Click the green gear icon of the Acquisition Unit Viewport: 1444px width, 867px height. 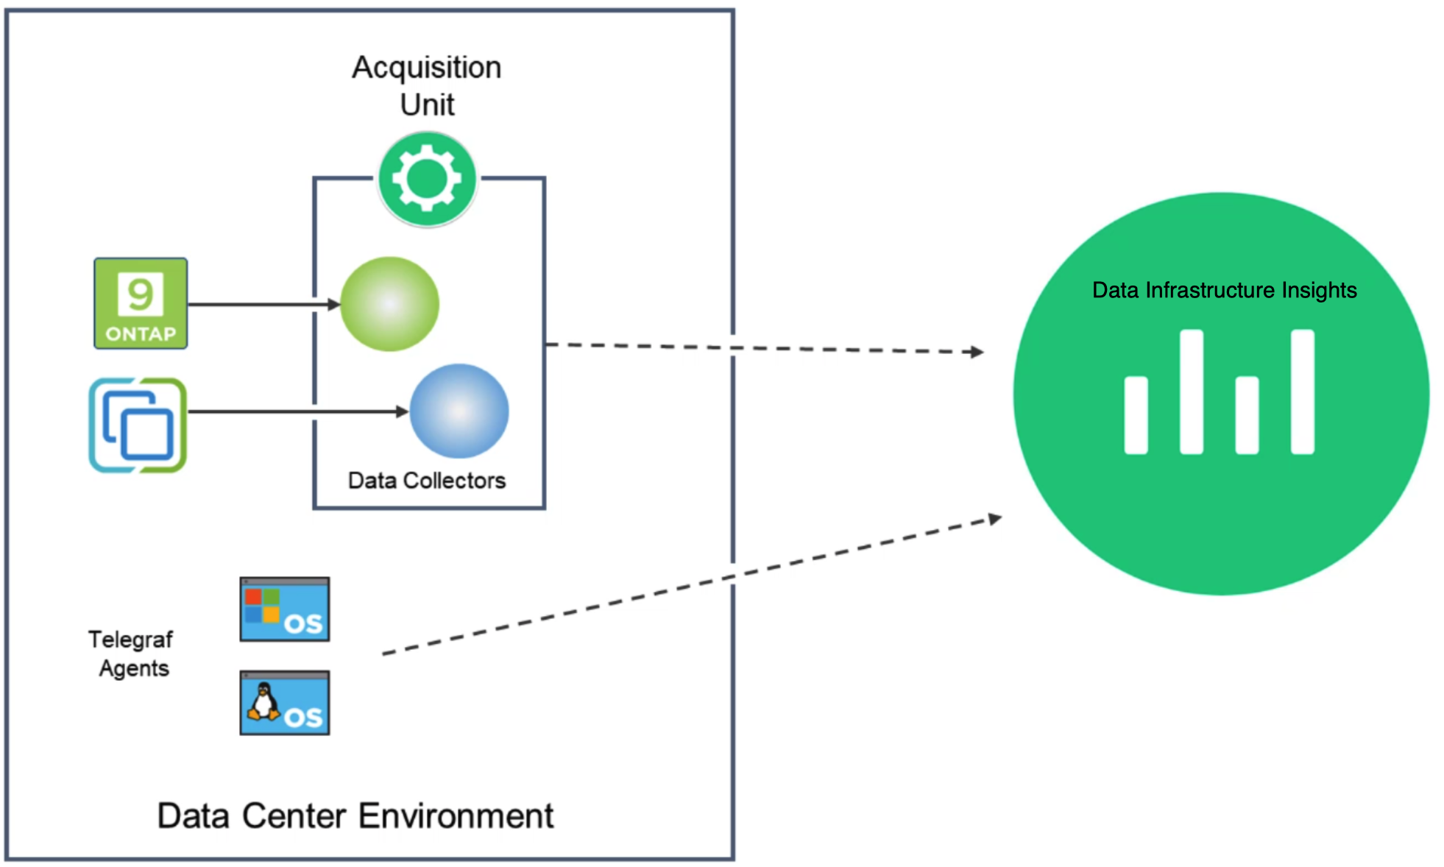pos(427,179)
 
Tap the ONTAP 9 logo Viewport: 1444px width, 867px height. pos(141,303)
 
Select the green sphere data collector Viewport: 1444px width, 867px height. pos(389,304)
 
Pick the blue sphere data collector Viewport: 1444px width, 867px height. pos(459,411)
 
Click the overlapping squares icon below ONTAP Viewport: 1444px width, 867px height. pos(138,425)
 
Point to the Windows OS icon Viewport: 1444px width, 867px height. pos(285,609)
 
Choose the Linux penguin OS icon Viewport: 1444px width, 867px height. pos(285,703)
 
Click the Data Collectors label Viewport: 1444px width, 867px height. pos(427,481)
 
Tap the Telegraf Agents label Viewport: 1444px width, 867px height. pos(131,654)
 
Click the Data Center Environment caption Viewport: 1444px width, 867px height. pos(355,815)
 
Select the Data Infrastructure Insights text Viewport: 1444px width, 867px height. pos(1224,290)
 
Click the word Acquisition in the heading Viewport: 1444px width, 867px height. pos(427,68)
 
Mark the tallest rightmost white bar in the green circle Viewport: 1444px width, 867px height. pos(1302,392)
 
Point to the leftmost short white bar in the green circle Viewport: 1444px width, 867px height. pos(1136,415)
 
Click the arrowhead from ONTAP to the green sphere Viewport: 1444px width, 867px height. pos(334,304)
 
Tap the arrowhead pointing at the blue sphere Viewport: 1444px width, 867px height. pos(402,411)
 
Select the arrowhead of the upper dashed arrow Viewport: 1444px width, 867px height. pos(977,352)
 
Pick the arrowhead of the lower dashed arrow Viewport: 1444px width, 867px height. pos(994,519)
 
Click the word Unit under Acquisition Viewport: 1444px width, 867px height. pos(427,105)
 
